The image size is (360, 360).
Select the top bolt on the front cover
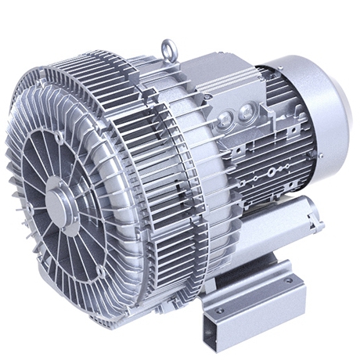(59, 137)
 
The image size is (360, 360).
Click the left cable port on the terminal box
(225, 119)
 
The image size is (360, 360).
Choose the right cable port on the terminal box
(249, 109)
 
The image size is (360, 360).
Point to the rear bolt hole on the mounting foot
(289, 279)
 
